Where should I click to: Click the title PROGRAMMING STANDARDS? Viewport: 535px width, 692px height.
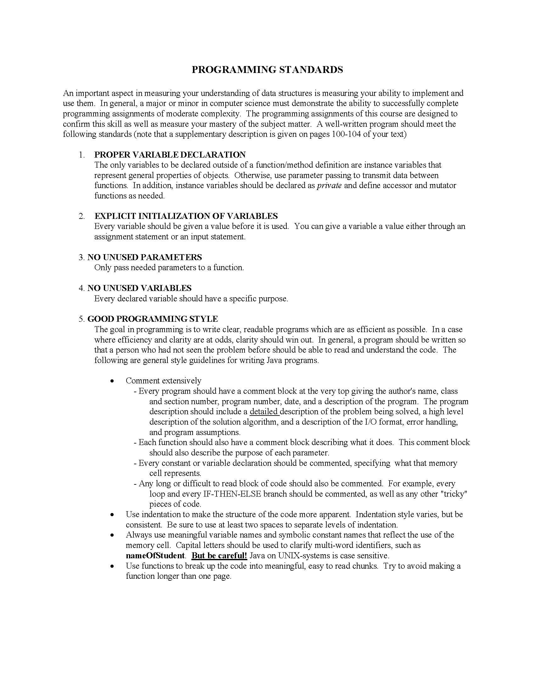tap(267, 70)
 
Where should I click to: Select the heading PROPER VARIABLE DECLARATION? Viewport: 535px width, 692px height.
tap(170, 155)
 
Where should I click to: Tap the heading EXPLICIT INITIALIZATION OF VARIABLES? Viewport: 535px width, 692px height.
tap(186, 216)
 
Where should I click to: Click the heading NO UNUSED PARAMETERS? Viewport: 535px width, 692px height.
tap(144, 257)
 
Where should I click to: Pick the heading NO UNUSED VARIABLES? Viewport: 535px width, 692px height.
tap(139, 288)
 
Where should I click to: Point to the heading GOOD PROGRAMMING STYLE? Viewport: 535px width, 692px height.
tap(152, 319)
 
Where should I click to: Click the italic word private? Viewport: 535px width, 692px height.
tap(329, 185)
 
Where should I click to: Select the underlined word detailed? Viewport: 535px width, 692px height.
tap(264, 412)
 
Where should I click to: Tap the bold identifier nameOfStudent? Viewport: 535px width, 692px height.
tap(155, 555)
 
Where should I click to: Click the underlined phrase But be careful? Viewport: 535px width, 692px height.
tap(219, 555)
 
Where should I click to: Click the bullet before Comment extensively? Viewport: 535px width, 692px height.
tap(112, 381)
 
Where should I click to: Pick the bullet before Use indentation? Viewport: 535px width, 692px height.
tap(112, 515)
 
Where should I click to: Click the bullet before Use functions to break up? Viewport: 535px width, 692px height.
tap(112, 566)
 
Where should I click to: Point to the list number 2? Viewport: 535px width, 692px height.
tap(82, 216)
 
